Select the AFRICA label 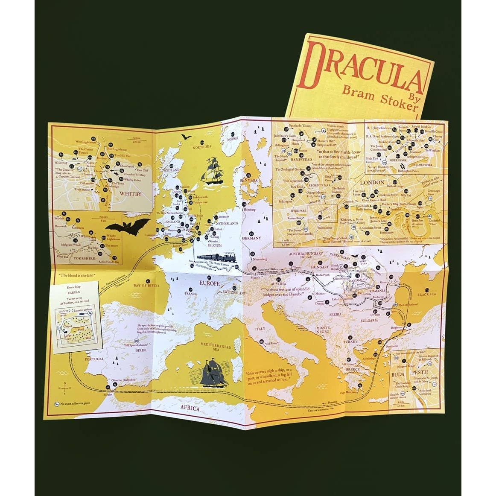click(190, 408)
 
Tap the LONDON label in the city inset click(364, 182)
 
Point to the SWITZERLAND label click(234, 293)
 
